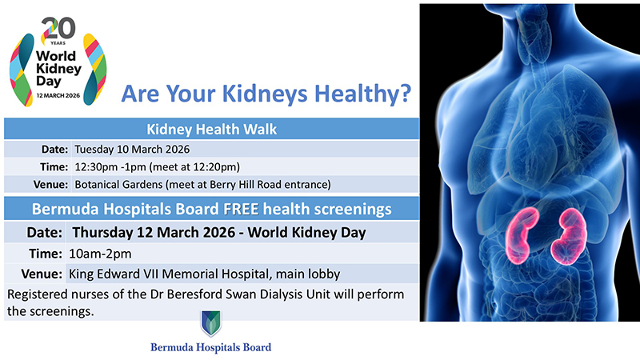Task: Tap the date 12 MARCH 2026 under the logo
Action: point(53,94)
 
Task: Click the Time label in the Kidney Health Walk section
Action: point(54,166)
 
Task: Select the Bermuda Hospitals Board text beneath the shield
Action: point(210,348)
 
